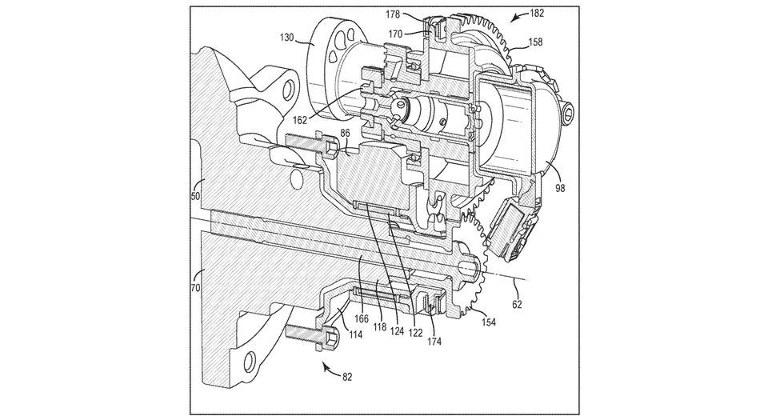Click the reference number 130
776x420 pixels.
[x=287, y=37]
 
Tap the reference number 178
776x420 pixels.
[x=393, y=15]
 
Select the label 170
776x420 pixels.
[x=395, y=34]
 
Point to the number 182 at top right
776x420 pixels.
[x=537, y=14]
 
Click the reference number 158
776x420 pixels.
[x=535, y=42]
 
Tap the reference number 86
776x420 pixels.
[x=345, y=133]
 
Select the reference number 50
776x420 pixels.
[x=195, y=196]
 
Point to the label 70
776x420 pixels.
[x=195, y=287]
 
